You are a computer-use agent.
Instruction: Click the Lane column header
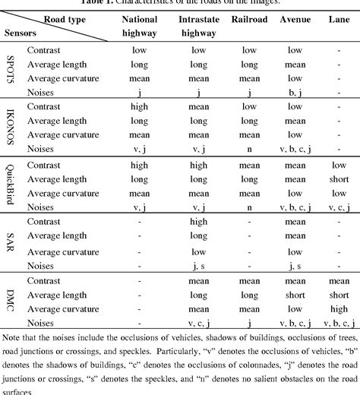pos(338,19)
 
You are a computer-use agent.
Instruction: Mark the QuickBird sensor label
pos(11,186)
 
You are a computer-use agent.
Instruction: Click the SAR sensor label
pos(11,244)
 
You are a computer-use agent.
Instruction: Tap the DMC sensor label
pos(11,302)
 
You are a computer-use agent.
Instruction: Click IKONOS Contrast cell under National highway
pos(139,106)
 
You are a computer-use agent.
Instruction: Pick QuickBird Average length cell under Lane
pos(338,179)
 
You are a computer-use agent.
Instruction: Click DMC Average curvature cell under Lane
pos(338,308)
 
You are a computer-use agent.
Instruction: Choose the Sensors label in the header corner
pos(24,33)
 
